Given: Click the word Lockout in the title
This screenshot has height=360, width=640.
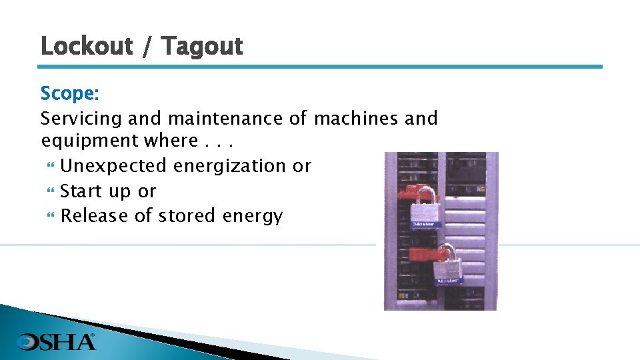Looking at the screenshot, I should tap(87, 46).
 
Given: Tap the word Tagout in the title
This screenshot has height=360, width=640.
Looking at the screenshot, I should tap(202, 47).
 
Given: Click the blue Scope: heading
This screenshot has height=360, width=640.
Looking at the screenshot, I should tap(69, 93).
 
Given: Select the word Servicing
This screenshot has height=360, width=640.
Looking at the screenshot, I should tap(81, 119).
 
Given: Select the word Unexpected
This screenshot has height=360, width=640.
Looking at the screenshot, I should tap(114, 165).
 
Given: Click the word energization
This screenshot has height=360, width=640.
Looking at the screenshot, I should tap(231, 166).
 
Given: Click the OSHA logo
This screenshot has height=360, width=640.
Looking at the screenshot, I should tap(56, 341).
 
